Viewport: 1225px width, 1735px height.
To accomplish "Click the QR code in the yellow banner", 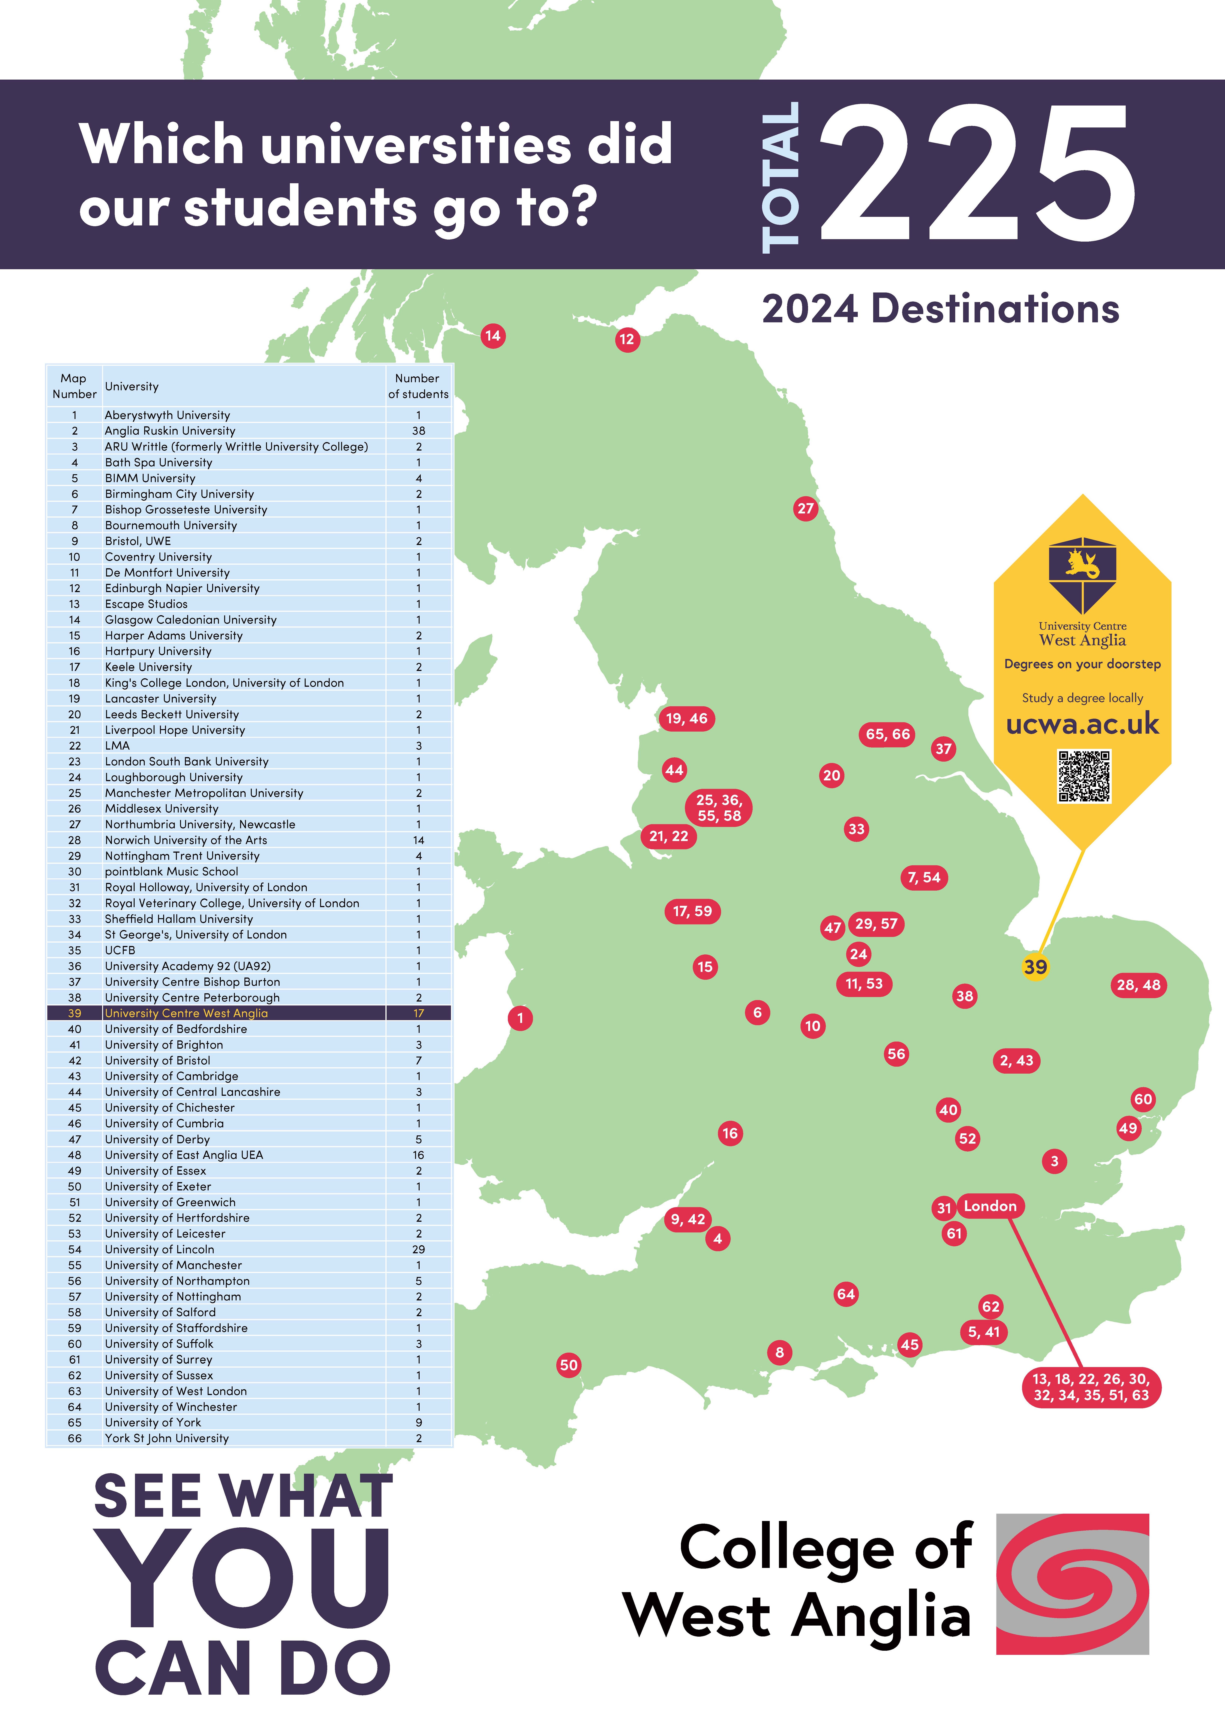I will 1084,776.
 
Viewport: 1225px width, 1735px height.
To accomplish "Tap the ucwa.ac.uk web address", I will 1082,724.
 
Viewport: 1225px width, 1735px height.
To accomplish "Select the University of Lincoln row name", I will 159,1249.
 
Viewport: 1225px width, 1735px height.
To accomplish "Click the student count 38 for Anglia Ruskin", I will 419,431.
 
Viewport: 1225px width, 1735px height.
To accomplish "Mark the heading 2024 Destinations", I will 940,309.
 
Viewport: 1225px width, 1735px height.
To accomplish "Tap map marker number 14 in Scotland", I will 493,335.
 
